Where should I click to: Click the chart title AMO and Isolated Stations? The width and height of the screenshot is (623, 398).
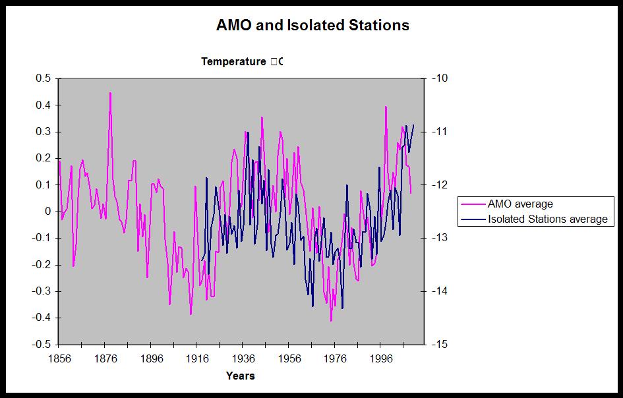(312, 26)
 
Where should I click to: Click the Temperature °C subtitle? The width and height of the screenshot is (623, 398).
(241, 62)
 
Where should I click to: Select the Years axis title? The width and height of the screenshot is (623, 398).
(240, 376)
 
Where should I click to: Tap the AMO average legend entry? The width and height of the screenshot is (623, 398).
(520, 204)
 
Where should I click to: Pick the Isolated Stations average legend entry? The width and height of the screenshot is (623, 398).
(547, 219)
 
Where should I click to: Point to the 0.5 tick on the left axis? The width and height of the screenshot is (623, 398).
(44, 78)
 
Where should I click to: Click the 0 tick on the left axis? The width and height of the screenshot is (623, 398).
(47, 212)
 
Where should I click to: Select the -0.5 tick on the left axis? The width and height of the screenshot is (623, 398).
(42, 345)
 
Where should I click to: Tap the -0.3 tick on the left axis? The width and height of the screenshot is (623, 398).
(42, 291)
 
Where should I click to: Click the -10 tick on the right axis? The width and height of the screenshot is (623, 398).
(439, 78)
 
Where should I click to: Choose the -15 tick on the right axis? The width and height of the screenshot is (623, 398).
(439, 345)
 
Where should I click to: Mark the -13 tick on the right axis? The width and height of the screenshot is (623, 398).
(439, 238)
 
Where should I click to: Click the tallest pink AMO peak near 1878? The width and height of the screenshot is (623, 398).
(110, 93)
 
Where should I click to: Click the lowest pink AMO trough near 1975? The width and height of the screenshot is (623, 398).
(331, 321)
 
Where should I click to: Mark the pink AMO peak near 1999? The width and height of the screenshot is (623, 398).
(386, 107)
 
